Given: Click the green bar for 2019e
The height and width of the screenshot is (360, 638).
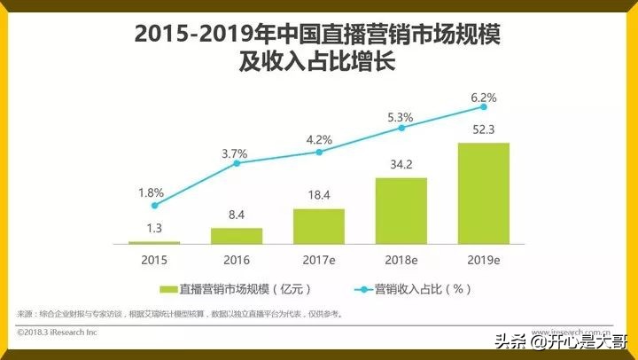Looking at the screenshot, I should tap(483, 192).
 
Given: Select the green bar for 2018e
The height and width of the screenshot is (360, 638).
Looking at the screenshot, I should tap(401, 210).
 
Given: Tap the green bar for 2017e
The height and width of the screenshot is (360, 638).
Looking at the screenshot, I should tap(319, 226).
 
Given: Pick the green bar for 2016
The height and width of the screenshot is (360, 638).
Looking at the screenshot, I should tap(237, 235).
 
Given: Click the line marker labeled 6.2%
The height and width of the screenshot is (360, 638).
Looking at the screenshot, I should tap(483, 106).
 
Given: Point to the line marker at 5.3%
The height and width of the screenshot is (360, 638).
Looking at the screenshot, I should tap(401, 128).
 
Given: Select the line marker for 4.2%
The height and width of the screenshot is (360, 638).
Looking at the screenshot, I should tap(319, 152).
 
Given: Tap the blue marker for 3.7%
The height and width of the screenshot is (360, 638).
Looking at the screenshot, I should tap(237, 164).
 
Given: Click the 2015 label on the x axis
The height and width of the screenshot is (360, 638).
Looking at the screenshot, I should tap(153, 260).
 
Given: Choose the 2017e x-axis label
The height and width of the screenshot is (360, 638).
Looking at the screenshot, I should tap(319, 260).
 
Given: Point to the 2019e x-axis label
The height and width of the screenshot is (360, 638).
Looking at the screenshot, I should tap(483, 260).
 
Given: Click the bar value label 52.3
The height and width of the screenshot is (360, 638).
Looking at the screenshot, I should tap(483, 130).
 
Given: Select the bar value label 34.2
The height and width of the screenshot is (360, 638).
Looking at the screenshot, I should tap(401, 166).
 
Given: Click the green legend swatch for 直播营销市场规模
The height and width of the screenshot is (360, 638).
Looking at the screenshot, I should tap(168, 290).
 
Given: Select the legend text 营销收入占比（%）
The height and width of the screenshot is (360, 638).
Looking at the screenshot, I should tap(421, 290).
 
